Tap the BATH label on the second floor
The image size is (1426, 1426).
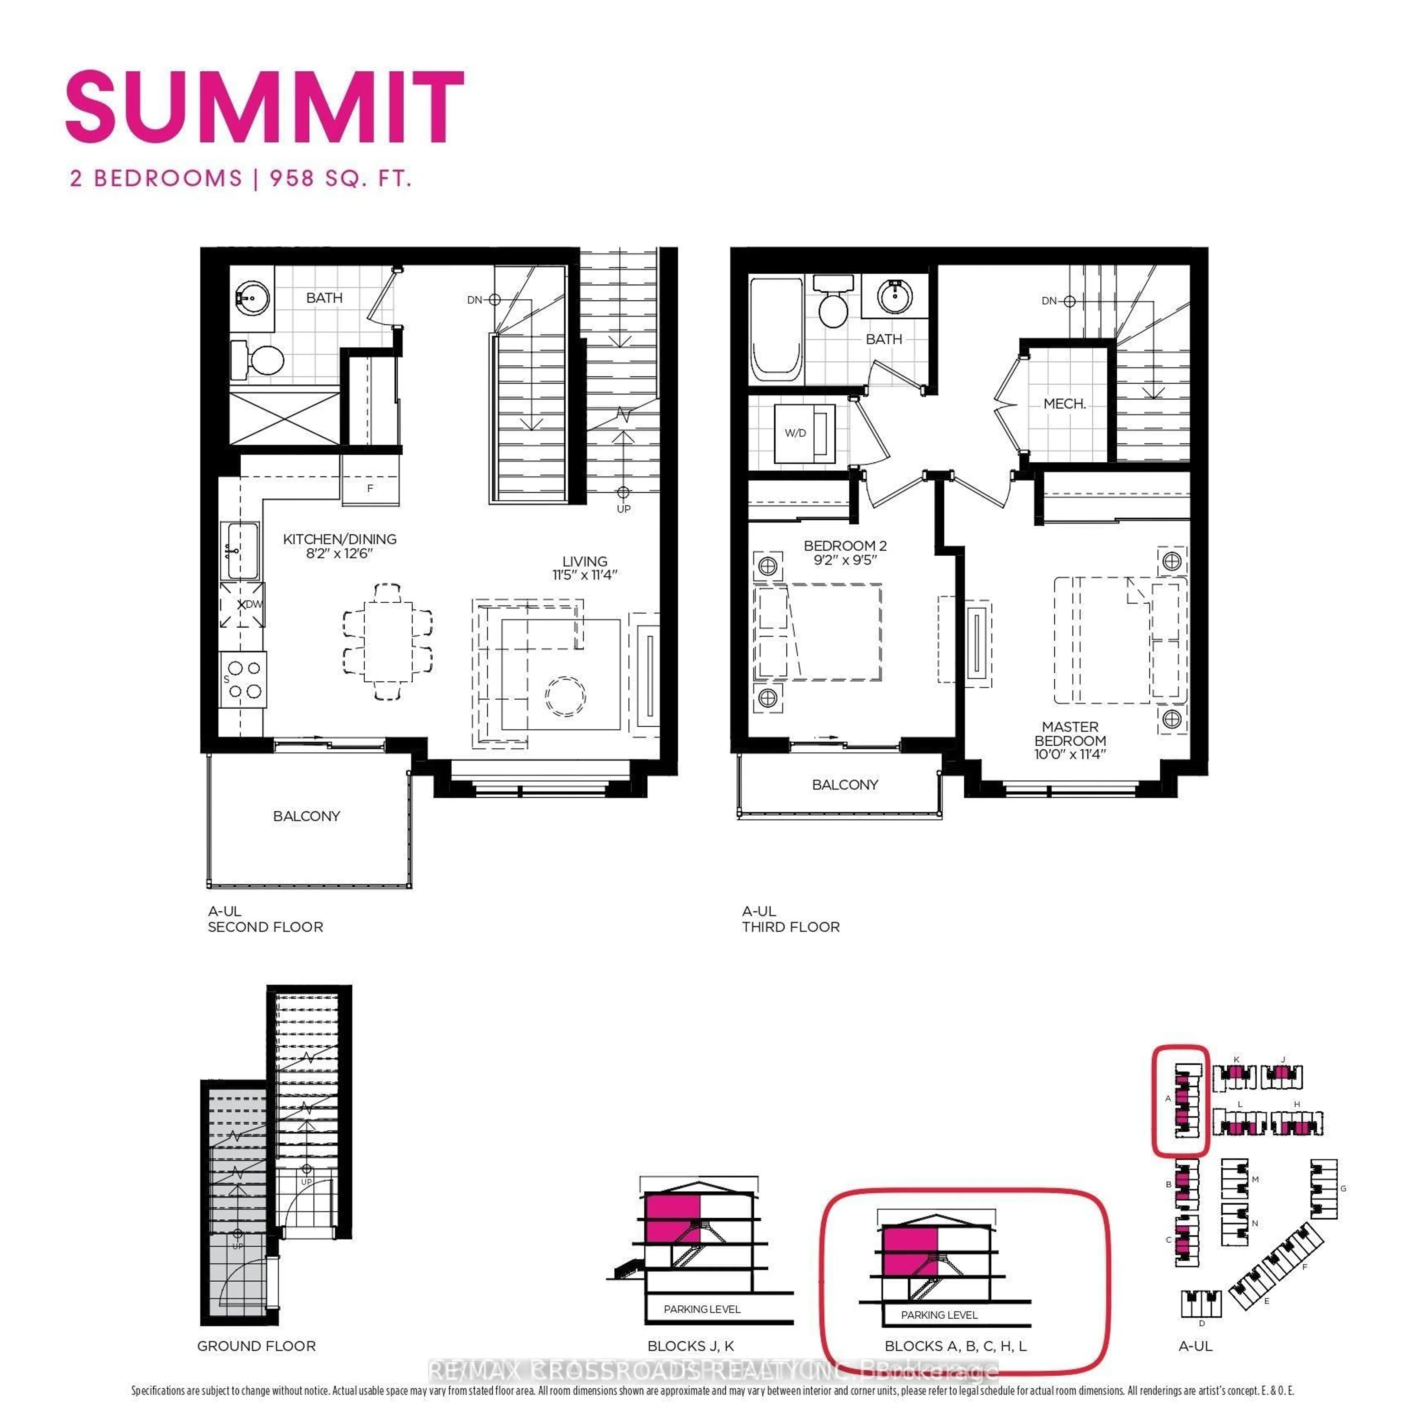(324, 297)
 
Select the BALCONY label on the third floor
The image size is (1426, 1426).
(845, 785)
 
